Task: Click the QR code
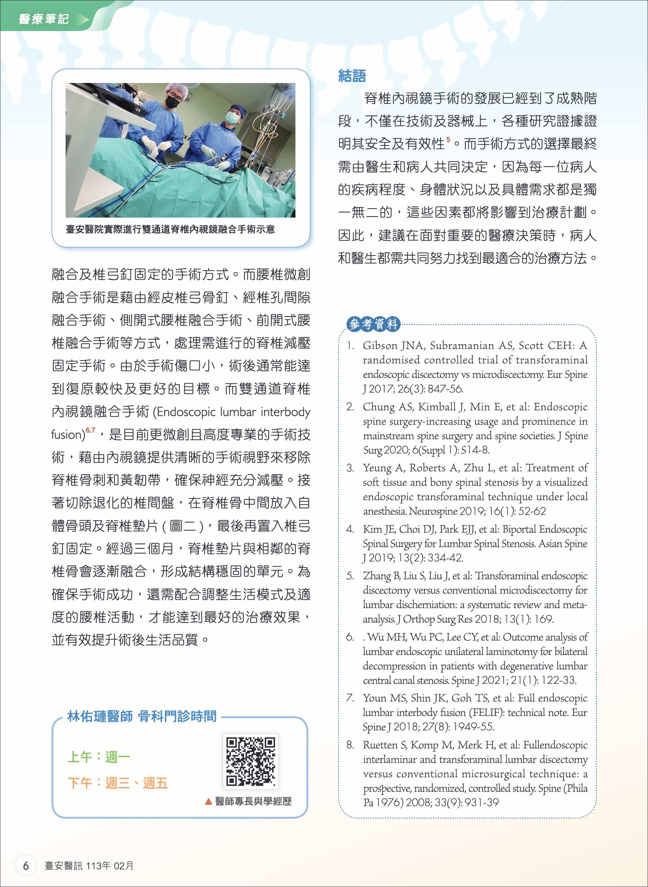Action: click(251, 761)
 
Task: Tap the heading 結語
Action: click(352, 76)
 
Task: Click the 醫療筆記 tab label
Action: click(44, 19)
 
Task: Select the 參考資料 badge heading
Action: click(373, 324)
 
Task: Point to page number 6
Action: click(26, 866)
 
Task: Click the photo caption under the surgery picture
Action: click(170, 229)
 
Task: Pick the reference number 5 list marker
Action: click(350, 576)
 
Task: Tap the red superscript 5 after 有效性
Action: click(448, 140)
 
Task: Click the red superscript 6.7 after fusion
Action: click(91, 430)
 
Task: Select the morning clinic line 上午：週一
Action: click(98, 757)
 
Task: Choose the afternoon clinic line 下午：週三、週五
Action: click(117, 783)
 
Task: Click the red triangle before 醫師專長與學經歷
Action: click(209, 801)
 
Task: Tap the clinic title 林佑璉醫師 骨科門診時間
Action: click(141, 716)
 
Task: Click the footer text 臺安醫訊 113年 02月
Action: click(89, 866)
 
